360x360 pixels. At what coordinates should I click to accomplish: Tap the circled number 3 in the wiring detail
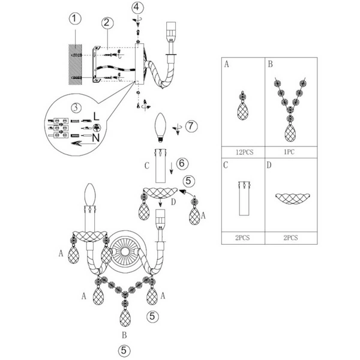tap(76, 109)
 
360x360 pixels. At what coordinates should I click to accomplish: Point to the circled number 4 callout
tap(139, 7)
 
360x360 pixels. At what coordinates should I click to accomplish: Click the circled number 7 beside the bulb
tap(191, 127)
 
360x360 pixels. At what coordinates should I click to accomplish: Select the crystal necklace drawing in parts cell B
tap(290, 108)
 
